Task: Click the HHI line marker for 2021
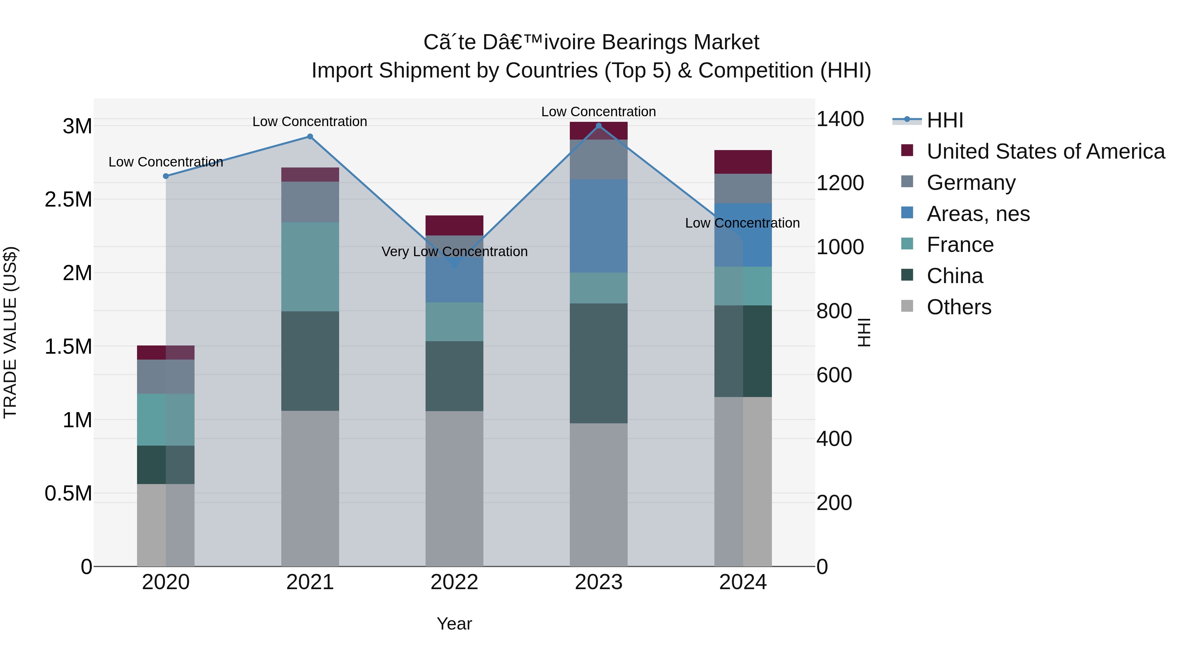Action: coord(310,136)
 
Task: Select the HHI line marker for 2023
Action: coord(598,126)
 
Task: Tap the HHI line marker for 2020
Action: coord(166,176)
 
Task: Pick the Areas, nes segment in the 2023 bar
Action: coord(598,226)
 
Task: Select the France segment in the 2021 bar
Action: coord(310,267)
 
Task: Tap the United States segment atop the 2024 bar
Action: coord(743,162)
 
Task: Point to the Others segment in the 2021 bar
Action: coord(310,488)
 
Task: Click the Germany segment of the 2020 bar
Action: coord(166,376)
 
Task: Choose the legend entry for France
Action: coord(960,245)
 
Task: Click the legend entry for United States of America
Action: coord(1045,151)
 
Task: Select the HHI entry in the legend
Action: coord(945,120)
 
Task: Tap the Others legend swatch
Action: coord(907,306)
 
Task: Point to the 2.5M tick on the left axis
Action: coord(68,200)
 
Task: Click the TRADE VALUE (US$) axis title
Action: coord(10,332)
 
